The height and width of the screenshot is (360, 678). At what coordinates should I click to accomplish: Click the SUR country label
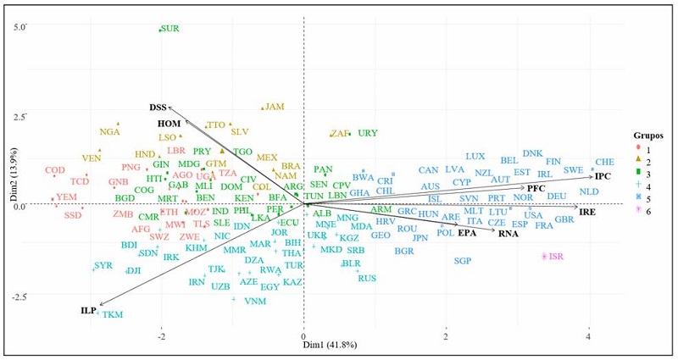169,29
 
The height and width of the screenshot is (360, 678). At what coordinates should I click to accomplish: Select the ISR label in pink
556,257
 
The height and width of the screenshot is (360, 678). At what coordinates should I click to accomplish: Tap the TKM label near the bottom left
112,315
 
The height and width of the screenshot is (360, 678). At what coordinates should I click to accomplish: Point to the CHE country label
604,162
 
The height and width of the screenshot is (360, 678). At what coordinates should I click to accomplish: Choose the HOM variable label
169,124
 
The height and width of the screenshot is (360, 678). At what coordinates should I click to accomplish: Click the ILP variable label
88,311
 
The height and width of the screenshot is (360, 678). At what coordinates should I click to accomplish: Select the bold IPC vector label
603,177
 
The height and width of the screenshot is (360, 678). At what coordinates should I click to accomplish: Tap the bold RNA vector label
508,233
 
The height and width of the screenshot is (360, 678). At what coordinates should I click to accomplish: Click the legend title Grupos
650,135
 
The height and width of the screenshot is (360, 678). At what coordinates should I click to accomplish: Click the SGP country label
462,261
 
